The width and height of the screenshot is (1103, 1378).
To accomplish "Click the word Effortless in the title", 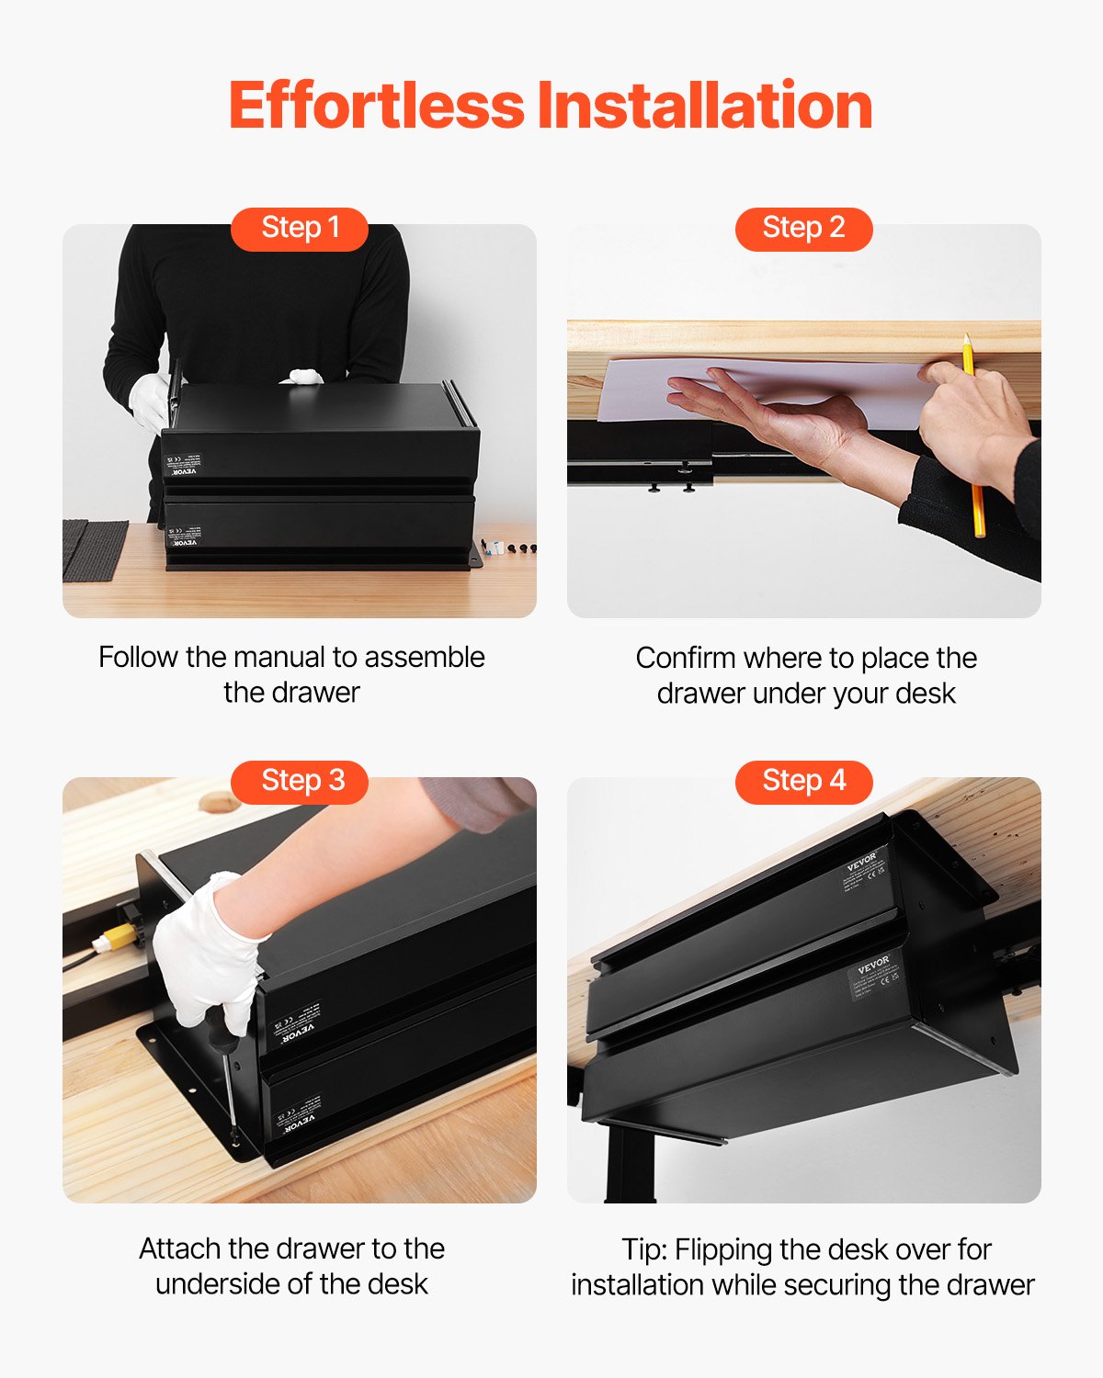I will pos(376,106).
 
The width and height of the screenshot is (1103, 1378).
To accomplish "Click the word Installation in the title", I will pos(705,106).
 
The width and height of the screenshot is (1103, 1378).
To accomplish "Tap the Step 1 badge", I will pos(300,228).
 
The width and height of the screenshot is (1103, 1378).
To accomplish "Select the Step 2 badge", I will pos(803,228).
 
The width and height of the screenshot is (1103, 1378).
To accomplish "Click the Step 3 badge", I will pos(300,781).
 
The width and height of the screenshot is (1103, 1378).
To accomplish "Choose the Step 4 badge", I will pos(803,781).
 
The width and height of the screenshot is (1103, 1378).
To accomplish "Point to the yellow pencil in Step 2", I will pos(974,441).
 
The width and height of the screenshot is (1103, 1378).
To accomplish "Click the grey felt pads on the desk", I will pos(95,549).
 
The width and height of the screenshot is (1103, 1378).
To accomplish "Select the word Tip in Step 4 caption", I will pos(642,1250).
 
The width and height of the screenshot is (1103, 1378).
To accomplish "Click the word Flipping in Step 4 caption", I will pos(723,1250).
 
